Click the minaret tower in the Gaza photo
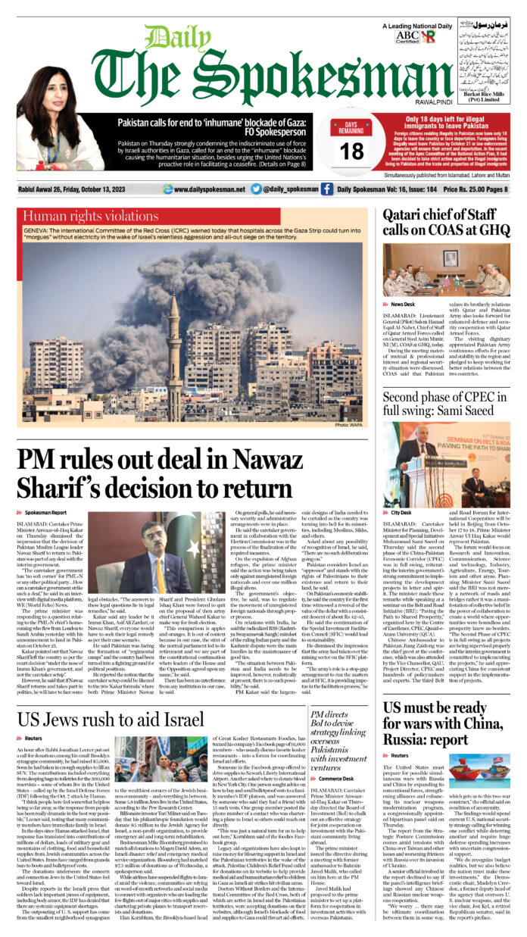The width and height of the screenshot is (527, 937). pos(174,356)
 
